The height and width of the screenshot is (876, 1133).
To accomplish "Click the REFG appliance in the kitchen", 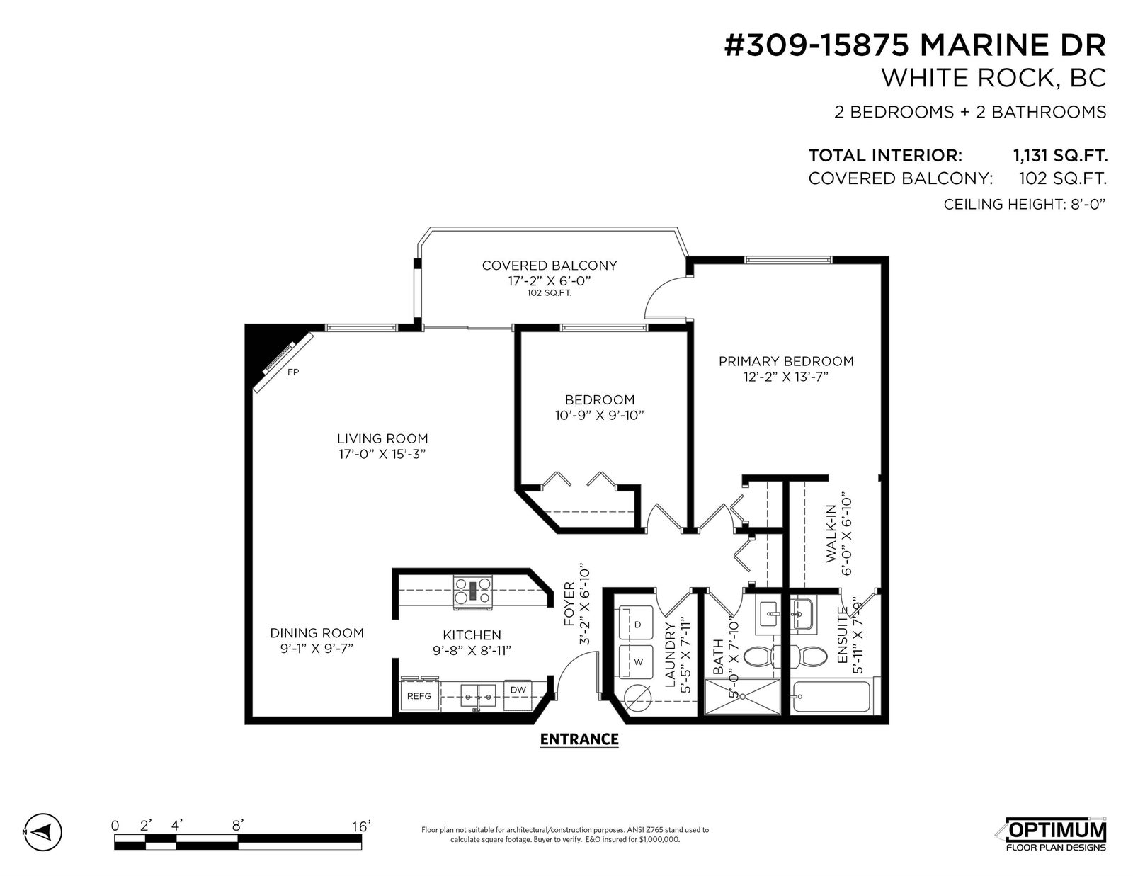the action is click(x=420, y=695).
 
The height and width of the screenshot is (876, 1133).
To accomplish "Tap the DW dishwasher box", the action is click(x=518, y=694).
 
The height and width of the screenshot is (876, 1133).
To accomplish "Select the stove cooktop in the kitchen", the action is click(x=473, y=591).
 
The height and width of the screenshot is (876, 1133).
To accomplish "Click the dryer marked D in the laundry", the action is click(x=636, y=623).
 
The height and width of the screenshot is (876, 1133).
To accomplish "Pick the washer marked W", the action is click(x=636, y=661).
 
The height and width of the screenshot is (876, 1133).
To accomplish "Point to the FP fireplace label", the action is click(x=293, y=372).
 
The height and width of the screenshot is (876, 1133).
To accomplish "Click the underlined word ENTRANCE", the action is click(x=579, y=739).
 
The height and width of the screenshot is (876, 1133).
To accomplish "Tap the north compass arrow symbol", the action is click(x=42, y=831).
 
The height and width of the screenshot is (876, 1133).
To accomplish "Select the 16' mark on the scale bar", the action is click(x=361, y=826).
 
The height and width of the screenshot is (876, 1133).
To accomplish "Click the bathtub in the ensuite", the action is click(x=831, y=696).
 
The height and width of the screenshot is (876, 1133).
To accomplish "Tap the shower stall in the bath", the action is click(x=743, y=696).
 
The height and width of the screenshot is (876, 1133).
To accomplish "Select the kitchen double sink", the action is click(x=478, y=695).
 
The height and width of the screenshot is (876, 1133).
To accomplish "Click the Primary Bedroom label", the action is click(x=786, y=361).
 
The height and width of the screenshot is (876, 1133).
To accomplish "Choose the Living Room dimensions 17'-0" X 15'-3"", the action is click(x=382, y=454).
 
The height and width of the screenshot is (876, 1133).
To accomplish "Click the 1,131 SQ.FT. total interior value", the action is click(x=1061, y=155).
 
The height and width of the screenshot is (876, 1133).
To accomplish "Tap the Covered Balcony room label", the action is click(x=549, y=266).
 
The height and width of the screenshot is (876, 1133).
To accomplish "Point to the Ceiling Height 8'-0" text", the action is click(x=1025, y=204).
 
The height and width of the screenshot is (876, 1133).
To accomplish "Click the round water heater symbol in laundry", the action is click(x=637, y=698).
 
